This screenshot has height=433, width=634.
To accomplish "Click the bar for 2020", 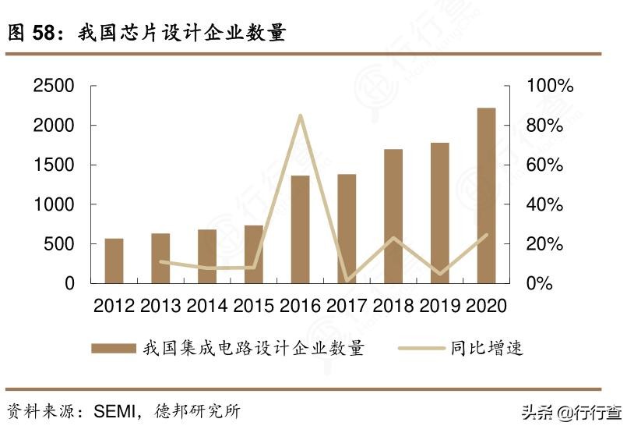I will coord(486,195).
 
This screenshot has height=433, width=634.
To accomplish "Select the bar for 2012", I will coord(114,261).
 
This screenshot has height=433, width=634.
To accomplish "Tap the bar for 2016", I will coord(300,229).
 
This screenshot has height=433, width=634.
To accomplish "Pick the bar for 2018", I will coord(393,216).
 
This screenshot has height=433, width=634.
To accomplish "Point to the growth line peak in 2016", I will coord(300,116).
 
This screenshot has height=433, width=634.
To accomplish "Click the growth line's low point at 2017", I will coord(347,280).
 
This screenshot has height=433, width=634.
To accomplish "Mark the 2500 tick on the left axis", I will coord(55,86).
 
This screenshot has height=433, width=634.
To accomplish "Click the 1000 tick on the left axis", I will coord(55,204).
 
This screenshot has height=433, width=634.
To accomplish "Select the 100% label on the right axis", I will coord(550,86).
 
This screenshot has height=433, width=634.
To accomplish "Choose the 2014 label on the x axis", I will coord(207,305).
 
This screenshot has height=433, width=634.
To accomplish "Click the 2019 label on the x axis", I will coord(440,305).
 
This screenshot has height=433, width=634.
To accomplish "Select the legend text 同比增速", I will coord(487,348).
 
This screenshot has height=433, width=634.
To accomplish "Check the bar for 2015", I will coord(254,254).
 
